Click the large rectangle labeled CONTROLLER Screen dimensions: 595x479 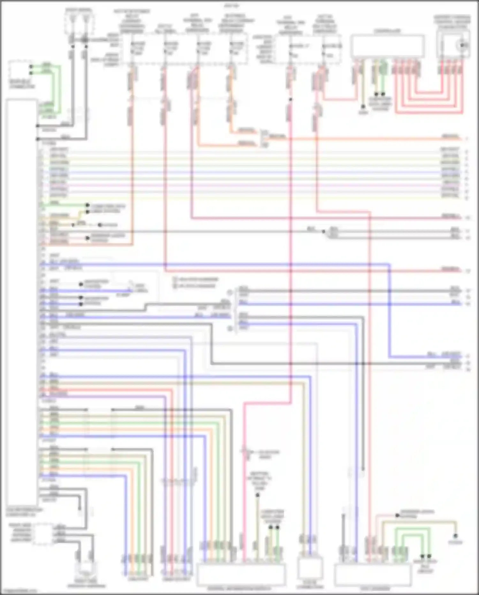[387, 46]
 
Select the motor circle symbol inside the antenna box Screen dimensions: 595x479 [462, 45]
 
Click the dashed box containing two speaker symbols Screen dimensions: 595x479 [79, 24]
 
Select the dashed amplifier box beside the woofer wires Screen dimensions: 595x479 [43, 534]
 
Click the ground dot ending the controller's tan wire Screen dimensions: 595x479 [363, 107]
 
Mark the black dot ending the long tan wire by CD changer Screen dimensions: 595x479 [455, 536]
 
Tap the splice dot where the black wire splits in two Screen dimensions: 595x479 [323, 231]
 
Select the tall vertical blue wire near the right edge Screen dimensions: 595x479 [390, 310]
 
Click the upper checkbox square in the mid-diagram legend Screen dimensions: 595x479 [175, 279]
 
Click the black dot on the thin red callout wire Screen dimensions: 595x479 [397, 515]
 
